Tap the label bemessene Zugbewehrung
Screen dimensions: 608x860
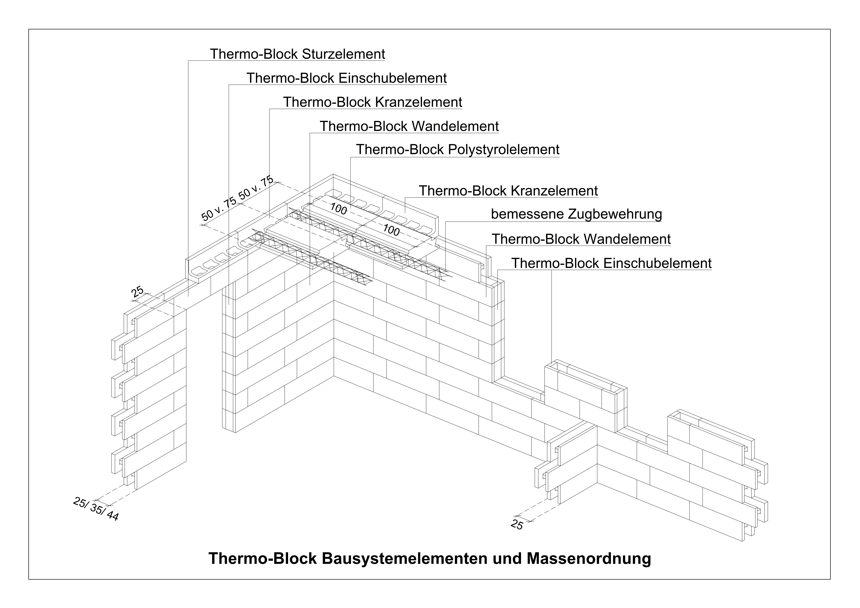576,214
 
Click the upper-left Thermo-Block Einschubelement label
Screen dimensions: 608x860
346,78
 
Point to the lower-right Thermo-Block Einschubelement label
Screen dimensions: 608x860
611,263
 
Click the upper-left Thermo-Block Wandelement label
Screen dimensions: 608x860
409,126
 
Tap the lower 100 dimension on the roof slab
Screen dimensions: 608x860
391,230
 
